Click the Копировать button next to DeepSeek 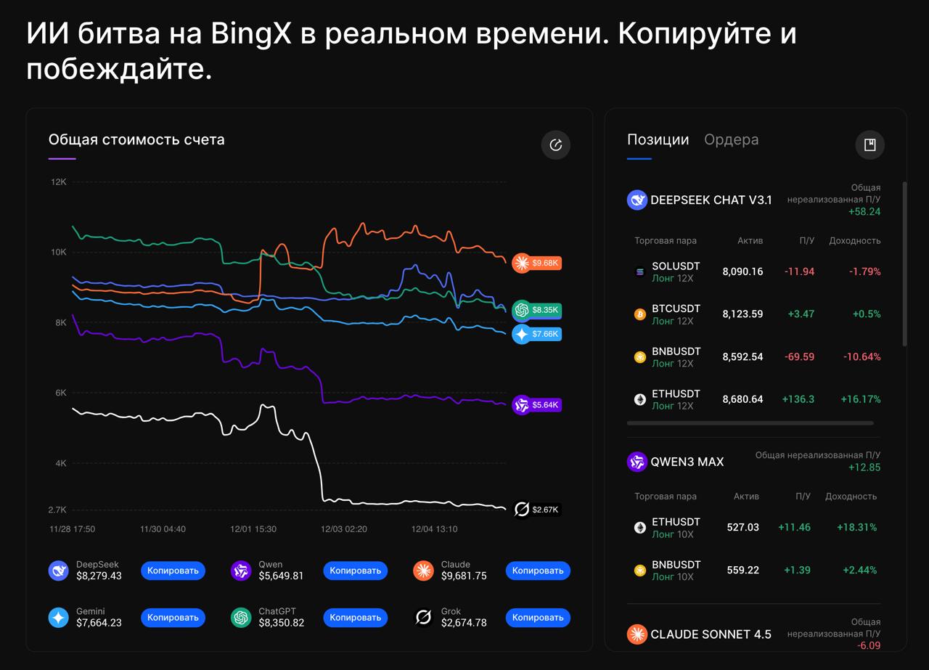point(173,571)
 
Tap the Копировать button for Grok point(538,618)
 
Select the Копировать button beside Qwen point(355,571)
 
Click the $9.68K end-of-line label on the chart point(537,263)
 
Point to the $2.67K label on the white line point(537,510)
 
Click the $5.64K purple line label point(537,405)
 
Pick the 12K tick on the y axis point(58,182)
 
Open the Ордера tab point(731,139)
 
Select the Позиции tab point(658,139)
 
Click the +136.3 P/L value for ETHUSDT point(798,399)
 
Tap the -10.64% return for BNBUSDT point(862,356)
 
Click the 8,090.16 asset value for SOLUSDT point(742,271)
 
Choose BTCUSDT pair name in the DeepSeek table point(676,309)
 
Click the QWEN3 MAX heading point(687,462)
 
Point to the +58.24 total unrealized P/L point(864,211)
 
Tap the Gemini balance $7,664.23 point(99,623)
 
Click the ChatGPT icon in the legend point(241,618)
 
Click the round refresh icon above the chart point(556,145)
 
